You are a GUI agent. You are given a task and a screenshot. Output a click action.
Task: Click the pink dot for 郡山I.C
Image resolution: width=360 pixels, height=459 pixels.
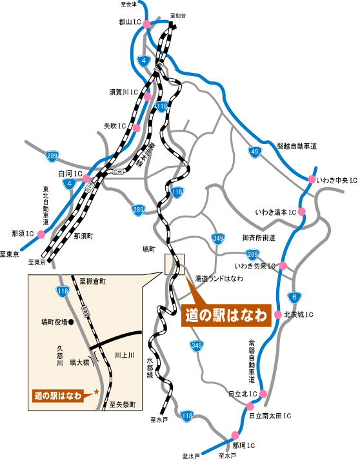click(x=147, y=24)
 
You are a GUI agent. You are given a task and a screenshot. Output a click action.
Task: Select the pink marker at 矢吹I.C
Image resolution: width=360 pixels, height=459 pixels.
click(x=136, y=128)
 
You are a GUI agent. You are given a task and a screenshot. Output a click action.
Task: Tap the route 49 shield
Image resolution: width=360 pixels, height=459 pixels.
click(x=255, y=152)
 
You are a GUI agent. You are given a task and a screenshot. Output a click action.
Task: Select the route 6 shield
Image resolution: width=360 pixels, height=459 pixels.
click(x=294, y=297)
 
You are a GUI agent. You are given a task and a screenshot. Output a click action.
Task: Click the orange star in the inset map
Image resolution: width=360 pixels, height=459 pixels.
click(x=96, y=391)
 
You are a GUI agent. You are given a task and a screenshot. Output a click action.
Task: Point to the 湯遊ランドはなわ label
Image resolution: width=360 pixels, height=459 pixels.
click(x=219, y=278)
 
